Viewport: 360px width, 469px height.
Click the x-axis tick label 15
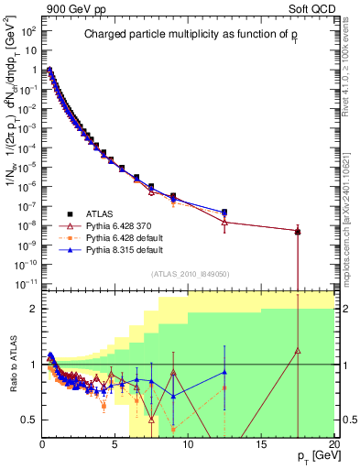(x=261, y=445)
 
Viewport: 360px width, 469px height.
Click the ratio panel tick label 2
(x=33, y=309)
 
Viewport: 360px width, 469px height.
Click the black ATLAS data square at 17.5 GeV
(x=299, y=232)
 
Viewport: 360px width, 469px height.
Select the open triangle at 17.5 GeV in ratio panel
(x=299, y=349)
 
